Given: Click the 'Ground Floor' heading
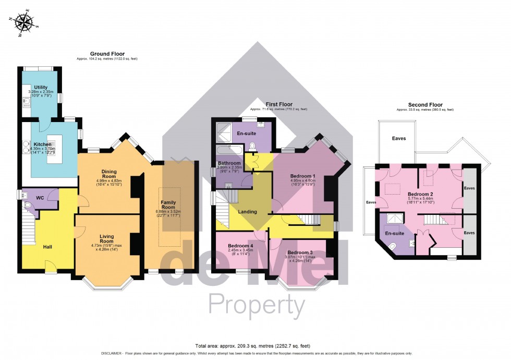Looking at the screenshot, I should pos(107,54).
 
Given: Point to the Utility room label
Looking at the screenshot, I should pos(41,87).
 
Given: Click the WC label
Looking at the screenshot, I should pos(40,198).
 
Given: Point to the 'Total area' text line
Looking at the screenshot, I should pos(255,345).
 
